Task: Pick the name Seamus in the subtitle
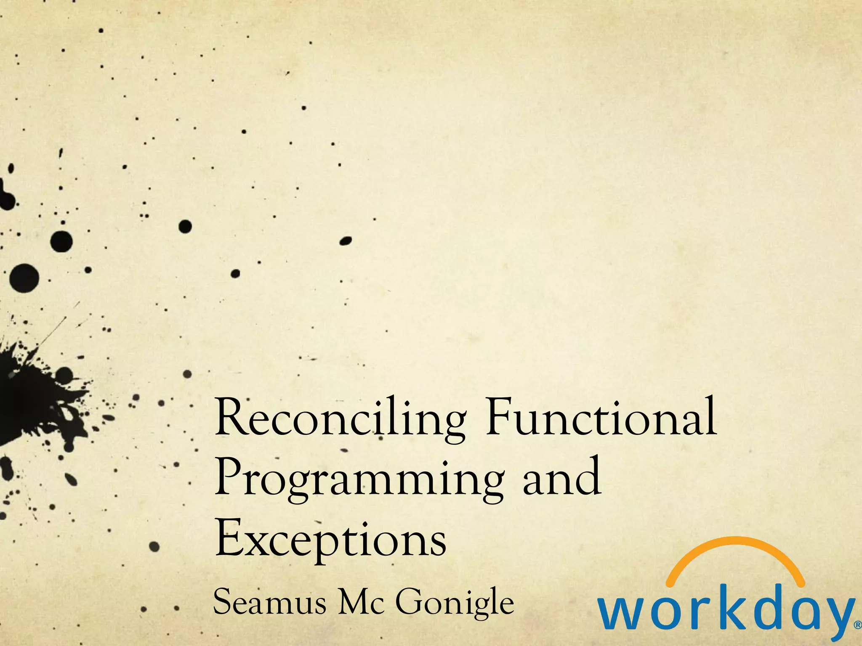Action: (270, 602)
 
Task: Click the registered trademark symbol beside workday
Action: (857, 625)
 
